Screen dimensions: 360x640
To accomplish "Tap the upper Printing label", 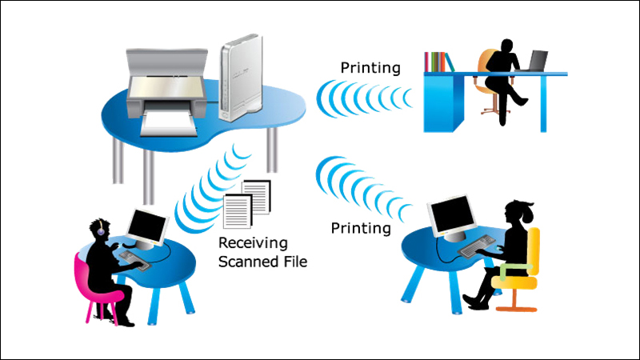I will (x=370, y=68).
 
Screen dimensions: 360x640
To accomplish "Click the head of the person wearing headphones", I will (x=102, y=229).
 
